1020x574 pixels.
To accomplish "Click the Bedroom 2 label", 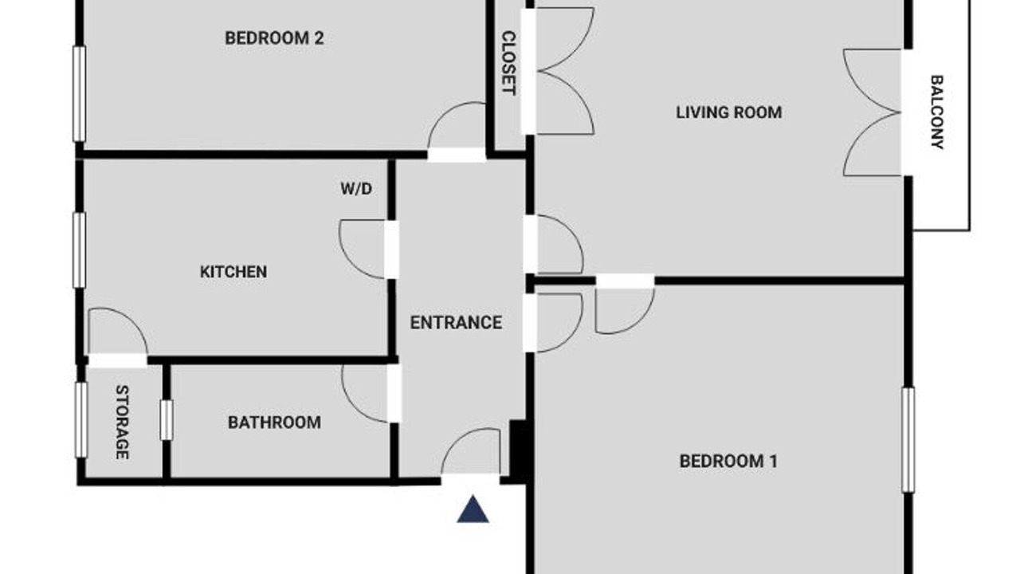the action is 274,37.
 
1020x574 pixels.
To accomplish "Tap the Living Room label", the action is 728,112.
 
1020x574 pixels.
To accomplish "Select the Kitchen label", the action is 233,272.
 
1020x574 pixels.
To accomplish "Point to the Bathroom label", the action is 274,423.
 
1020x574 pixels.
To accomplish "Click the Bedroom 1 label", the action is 728,461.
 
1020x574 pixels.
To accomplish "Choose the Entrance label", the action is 456,323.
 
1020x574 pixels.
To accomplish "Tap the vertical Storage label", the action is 122,423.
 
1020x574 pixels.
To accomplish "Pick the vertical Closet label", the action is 508,63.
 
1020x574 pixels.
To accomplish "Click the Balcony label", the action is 936,112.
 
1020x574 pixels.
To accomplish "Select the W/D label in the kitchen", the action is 356,188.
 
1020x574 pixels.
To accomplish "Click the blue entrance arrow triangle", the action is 473,509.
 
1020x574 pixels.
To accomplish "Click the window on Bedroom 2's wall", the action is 80,94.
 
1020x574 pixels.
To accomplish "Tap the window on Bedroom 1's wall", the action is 908,439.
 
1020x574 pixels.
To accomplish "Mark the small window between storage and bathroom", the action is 167,420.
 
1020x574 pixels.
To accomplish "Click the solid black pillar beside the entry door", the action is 518,451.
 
